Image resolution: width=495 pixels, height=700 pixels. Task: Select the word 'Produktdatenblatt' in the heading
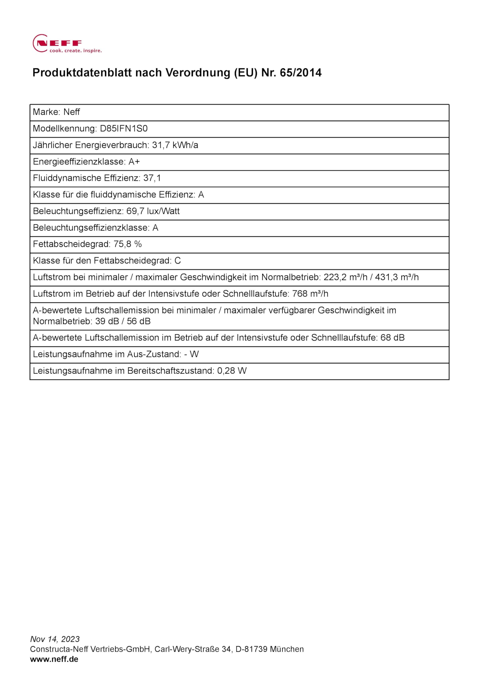click(x=82, y=73)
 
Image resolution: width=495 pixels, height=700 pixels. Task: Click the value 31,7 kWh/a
click(x=175, y=145)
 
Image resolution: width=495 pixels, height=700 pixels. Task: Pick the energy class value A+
click(x=134, y=162)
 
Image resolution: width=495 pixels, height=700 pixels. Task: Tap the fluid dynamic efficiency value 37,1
click(x=152, y=178)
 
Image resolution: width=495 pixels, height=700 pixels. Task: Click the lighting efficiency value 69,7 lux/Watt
click(x=153, y=211)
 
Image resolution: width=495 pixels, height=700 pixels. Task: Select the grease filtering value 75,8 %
click(x=127, y=244)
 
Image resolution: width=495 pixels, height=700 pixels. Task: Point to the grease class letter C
click(x=177, y=261)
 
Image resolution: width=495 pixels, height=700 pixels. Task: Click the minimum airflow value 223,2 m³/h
click(x=345, y=277)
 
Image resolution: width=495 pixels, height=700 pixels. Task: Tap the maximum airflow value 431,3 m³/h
click(x=397, y=277)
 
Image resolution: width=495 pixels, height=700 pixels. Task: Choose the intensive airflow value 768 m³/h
click(x=310, y=294)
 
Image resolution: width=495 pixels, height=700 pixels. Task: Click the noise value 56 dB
click(x=138, y=321)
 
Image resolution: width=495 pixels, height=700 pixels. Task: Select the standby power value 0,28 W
click(x=232, y=371)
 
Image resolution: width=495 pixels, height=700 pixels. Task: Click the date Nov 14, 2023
click(x=55, y=639)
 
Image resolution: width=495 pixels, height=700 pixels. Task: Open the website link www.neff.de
click(x=54, y=659)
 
